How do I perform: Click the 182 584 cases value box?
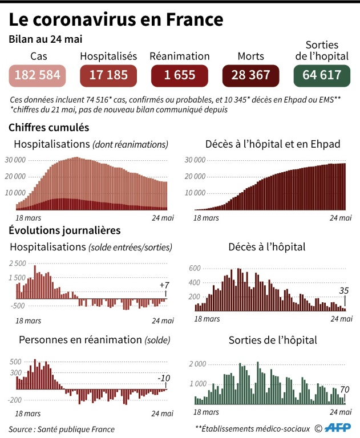point(38,75)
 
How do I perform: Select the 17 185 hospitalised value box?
point(108,75)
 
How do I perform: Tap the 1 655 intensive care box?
point(179,75)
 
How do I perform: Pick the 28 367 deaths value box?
point(250,75)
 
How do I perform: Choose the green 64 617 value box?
point(322,75)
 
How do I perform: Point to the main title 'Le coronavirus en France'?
point(115,21)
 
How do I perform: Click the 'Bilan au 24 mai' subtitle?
point(45,40)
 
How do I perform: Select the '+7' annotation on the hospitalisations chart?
point(164,286)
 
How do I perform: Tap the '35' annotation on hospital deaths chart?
point(344,291)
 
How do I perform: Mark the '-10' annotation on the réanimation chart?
point(164,379)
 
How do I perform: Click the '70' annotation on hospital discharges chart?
point(344,390)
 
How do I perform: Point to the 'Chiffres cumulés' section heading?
point(48,127)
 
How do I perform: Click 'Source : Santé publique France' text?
point(62,429)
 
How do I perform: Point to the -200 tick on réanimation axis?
point(15,400)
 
